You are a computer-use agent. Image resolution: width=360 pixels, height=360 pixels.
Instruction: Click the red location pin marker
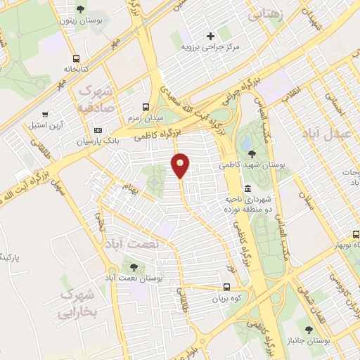point(181,165)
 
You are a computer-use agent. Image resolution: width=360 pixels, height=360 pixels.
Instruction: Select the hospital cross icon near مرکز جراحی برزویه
point(210,36)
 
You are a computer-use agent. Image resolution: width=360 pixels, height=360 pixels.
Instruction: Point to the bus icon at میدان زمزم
point(146,107)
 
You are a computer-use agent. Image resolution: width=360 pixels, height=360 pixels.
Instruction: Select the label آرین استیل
point(45,124)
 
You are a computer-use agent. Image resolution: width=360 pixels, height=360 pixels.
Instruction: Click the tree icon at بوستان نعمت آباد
point(131,266)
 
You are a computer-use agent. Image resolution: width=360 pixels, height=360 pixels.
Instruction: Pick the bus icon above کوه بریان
point(226,287)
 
